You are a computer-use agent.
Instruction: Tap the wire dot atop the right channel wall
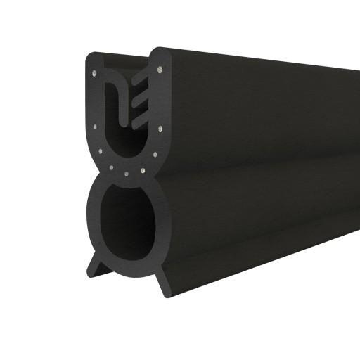(x=161, y=70)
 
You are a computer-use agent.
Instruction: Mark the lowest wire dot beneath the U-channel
(x=126, y=174)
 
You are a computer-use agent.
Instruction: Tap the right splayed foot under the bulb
(x=163, y=281)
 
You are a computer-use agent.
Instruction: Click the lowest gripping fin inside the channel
(x=141, y=120)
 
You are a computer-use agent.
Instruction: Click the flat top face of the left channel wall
(x=98, y=56)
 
